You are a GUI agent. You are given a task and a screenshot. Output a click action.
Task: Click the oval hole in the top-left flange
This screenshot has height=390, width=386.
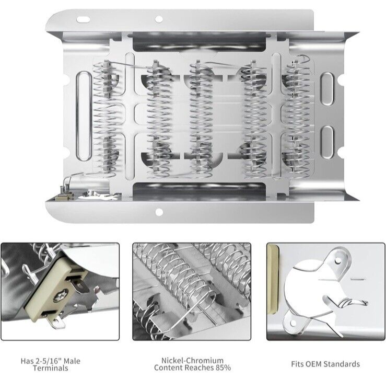[x=84, y=19]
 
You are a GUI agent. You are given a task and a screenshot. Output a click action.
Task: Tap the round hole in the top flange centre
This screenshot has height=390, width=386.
[x=159, y=19]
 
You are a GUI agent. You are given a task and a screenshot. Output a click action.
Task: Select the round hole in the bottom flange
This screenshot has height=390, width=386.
[x=159, y=212]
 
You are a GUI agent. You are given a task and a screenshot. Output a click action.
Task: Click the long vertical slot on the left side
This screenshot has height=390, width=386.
[x=83, y=116]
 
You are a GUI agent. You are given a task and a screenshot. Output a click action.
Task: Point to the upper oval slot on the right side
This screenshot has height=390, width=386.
[x=327, y=89]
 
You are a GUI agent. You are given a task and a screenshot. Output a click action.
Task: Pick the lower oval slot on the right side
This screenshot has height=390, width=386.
[x=327, y=142]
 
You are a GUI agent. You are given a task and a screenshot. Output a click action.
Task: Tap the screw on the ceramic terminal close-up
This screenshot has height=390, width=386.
[x=60, y=296]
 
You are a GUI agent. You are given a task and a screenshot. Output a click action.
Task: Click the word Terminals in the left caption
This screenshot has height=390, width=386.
[x=51, y=368]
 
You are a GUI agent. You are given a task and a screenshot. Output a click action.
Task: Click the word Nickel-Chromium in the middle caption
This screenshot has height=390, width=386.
[x=192, y=360]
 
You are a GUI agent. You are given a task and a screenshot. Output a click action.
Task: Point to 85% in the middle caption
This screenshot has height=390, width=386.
[x=223, y=368]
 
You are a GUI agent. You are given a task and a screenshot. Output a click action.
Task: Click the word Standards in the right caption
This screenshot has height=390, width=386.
[x=341, y=364]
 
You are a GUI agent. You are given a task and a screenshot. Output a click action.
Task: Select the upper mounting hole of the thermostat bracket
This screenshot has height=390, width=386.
[x=338, y=261]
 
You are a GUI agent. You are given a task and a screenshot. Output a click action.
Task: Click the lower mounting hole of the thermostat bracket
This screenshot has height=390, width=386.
[x=294, y=323]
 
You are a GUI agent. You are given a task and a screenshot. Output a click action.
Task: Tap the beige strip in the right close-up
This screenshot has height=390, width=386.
[x=273, y=279]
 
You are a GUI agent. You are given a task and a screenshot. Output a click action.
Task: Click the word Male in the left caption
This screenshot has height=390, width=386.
[x=72, y=361]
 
